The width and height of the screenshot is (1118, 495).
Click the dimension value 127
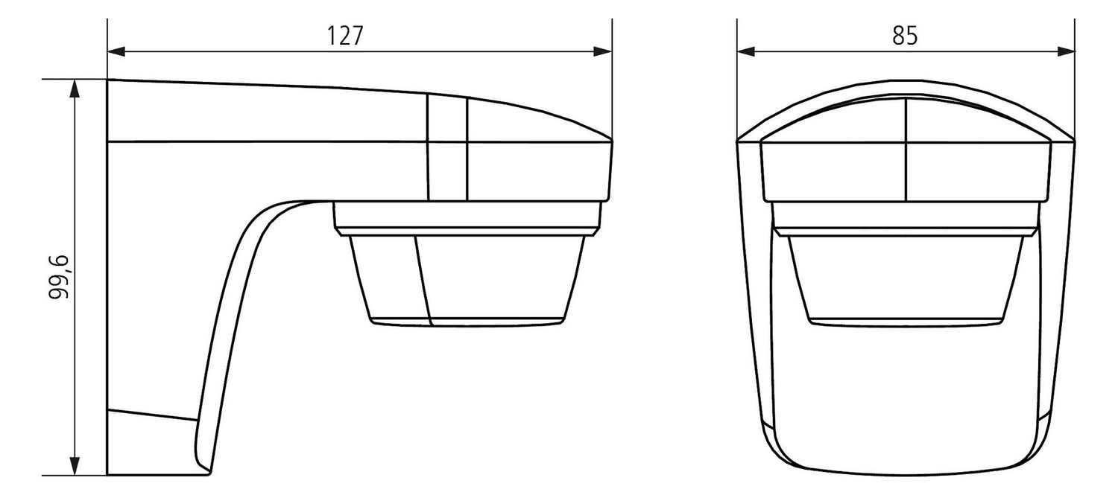(345, 36)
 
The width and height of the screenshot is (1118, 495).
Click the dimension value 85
(905, 36)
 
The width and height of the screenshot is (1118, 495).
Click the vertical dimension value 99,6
(59, 277)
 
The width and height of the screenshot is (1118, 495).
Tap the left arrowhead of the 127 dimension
(116, 51)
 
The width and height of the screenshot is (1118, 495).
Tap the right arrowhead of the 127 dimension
(603, 51)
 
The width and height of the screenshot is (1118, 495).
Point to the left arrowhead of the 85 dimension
(745, 51)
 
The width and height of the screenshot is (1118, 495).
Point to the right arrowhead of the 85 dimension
(1066, 51)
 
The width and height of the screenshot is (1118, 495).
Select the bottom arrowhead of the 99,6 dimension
(75, 466)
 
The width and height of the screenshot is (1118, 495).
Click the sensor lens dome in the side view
(467, 281)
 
